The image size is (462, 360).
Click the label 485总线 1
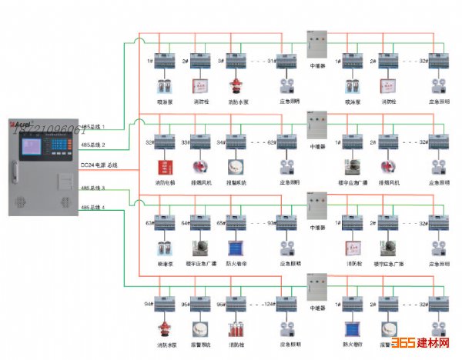point(93,126)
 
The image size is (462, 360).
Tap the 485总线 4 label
point(93,208)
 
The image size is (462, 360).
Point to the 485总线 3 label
point(93,187)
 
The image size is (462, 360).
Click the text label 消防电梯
point(164,182)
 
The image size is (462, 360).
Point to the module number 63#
point(149,223)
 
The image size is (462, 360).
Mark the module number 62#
point(270,142)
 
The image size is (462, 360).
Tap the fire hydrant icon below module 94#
point(163,328)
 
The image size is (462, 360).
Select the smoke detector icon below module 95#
point(199,329)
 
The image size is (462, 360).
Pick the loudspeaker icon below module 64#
point(199,248)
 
